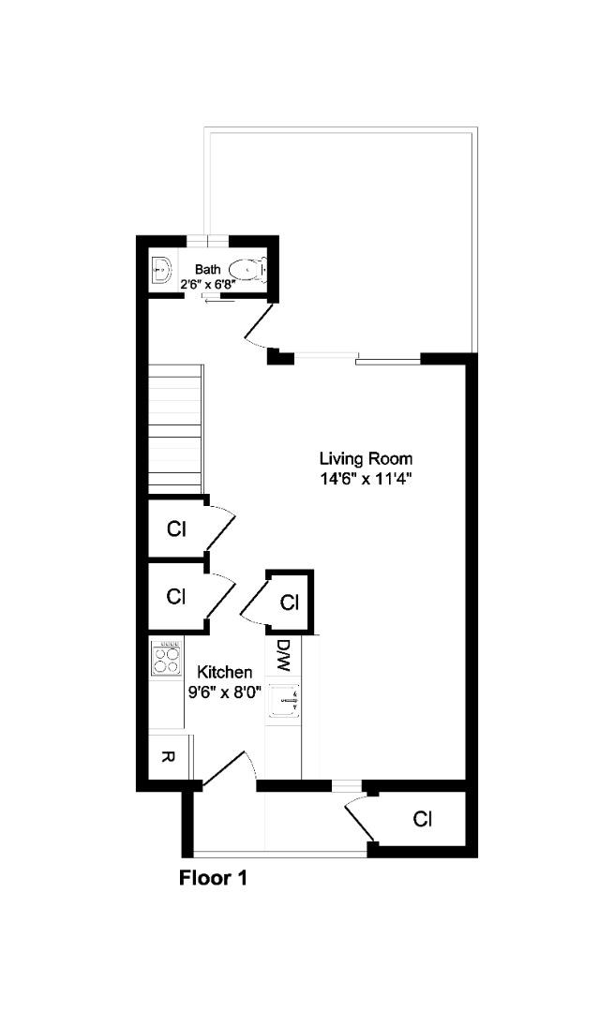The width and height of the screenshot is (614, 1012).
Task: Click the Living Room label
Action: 366,459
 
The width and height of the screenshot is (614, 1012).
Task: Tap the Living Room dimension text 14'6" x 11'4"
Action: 366,478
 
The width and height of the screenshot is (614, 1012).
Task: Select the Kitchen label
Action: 224,672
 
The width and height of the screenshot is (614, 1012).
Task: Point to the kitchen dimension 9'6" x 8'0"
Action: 224,692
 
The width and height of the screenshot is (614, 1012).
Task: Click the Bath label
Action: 208,269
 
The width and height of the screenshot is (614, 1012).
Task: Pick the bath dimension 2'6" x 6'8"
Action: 207,282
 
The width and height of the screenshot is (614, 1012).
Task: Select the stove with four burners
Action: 166,660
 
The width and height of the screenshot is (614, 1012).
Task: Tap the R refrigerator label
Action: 167,757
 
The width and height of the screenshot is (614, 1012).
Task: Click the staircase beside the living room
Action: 175,427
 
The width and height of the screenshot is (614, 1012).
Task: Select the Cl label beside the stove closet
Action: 175,596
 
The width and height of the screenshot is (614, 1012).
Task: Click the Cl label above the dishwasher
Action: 290,602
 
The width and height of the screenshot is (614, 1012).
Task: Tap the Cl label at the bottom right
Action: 423,820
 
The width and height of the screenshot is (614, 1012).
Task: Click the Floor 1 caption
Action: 213,879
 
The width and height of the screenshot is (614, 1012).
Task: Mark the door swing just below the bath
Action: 258,328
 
